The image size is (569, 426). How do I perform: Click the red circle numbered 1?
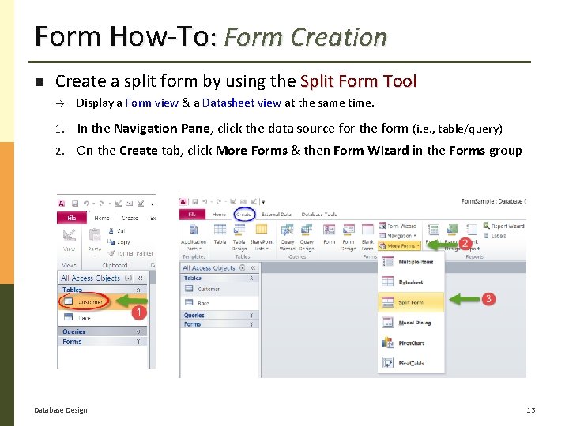coord(138,313)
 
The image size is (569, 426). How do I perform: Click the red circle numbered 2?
coord(465,244)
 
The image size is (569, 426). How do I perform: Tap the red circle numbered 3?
coord(489,299)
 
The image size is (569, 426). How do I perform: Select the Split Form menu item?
coord(411,302)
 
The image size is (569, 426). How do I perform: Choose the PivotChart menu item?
coord(411,343)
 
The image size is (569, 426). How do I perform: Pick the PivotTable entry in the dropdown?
coord(411,364)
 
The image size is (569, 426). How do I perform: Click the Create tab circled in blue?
coord(245,214)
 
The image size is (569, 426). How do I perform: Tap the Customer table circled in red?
coord(89,302)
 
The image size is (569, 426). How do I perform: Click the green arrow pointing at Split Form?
coord(467,300)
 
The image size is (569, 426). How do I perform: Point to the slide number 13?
coord(530,409)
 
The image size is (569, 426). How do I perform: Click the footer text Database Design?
coord(61,409)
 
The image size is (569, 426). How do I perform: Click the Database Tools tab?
coord(319,214)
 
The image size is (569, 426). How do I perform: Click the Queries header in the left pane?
coord(74,331)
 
